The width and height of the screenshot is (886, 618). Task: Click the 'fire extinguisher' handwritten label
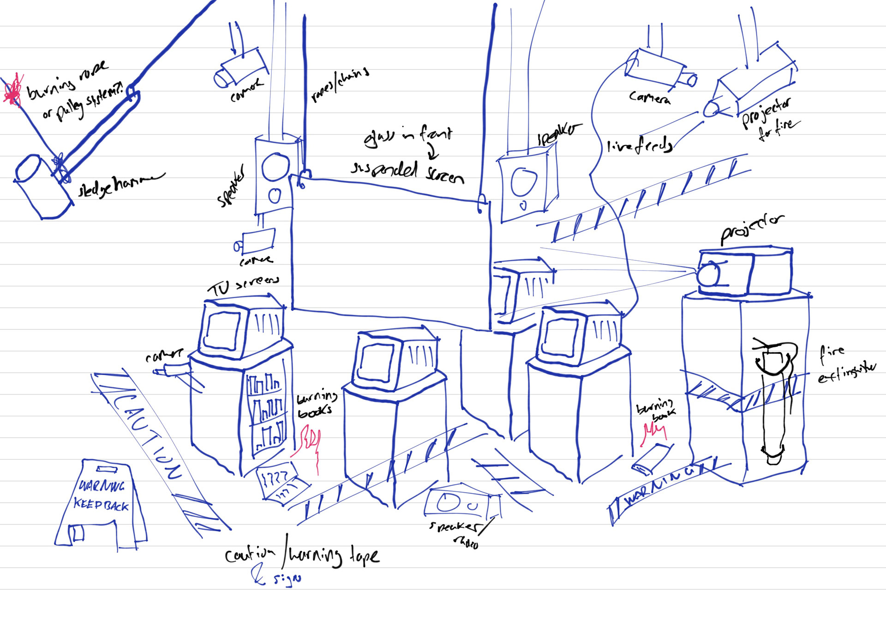(844, 366)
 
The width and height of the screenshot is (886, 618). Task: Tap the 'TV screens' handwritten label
(243, 286)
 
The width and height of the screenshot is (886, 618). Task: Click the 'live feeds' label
(640, 145)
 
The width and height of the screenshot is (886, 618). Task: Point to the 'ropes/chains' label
(340, 85)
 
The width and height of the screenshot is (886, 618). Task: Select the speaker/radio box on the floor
(461, 505)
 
